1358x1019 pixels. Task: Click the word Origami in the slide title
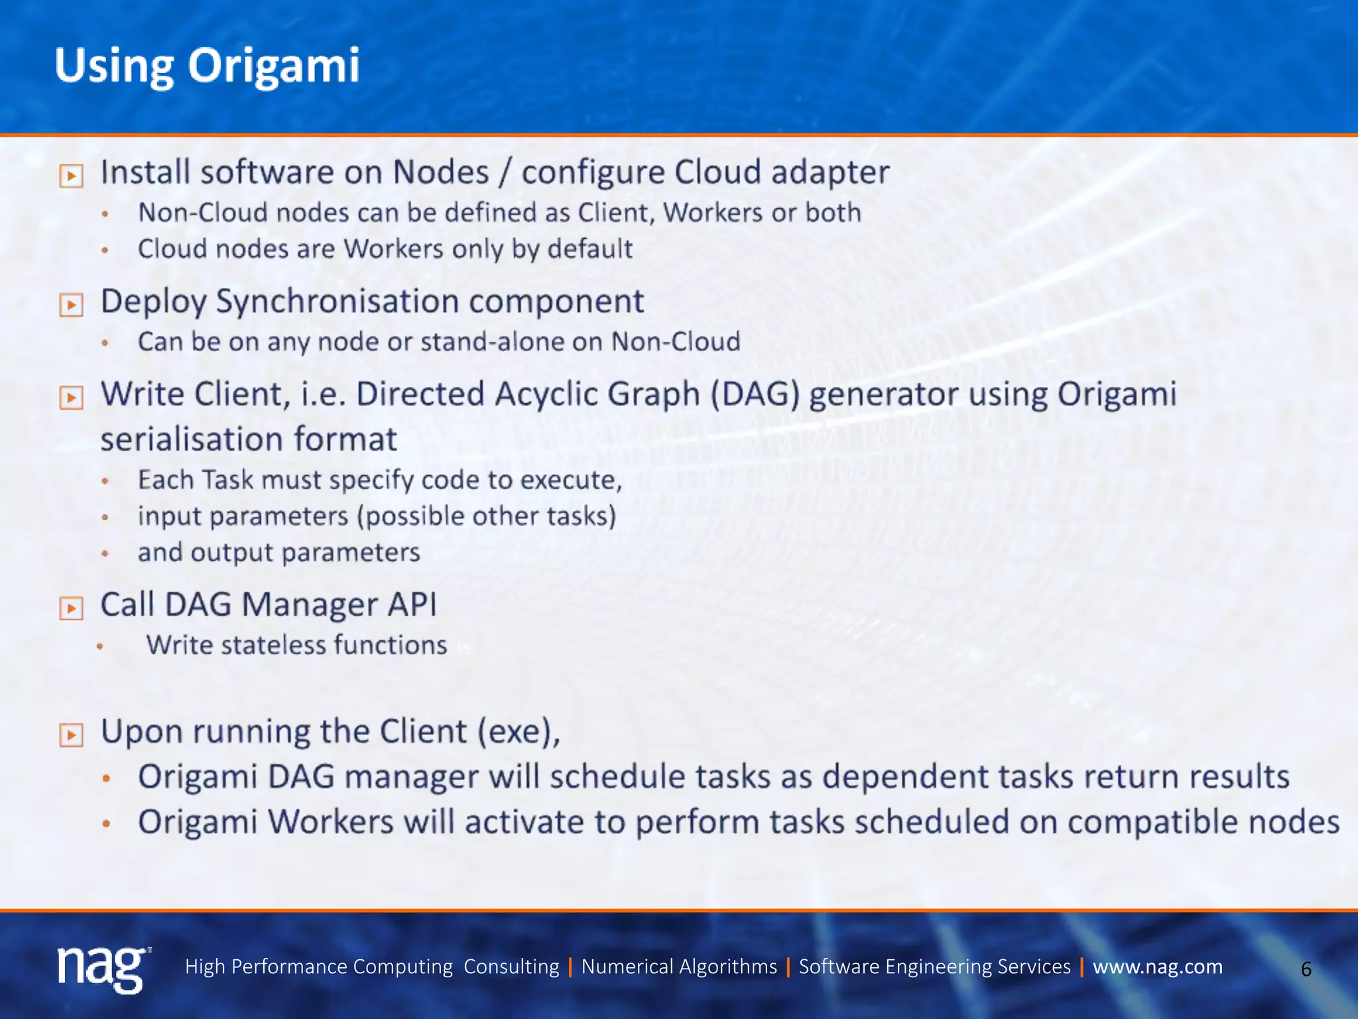point(273,66)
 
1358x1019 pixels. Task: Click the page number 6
point(1306,969)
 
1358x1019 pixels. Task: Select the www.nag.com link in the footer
point(1157,967)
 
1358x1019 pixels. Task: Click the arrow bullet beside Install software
point(71,176)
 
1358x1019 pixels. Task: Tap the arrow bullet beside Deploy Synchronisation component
point(71,305)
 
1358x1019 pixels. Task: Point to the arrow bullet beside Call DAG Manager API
point(71,608)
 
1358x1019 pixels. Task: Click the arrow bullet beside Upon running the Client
point(71,735)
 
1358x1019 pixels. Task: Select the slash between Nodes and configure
point(505,172)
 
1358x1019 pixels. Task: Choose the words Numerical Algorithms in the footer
point(678,967)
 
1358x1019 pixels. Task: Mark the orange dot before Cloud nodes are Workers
point(105,251)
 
